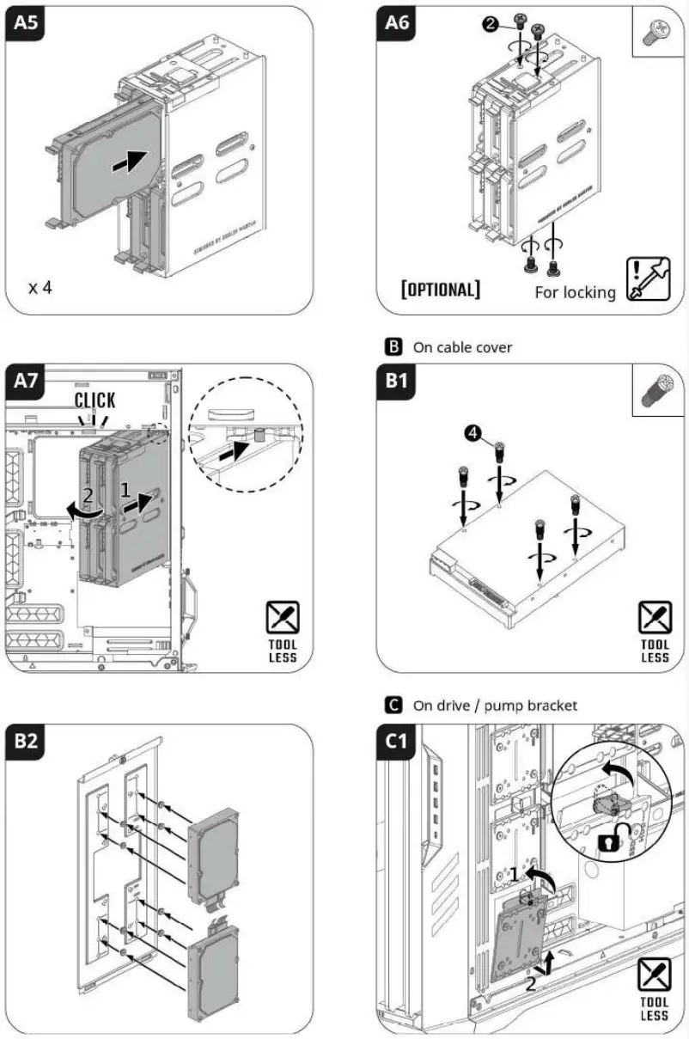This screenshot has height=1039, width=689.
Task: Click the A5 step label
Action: coord(27,23)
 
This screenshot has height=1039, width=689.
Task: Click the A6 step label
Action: coord(397,23)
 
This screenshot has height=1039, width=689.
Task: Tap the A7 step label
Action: coord(27,382)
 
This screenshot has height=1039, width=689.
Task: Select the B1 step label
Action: coord(397,382)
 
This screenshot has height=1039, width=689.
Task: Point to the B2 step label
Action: coord(27,740)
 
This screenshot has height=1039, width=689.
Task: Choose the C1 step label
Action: coord(397,741)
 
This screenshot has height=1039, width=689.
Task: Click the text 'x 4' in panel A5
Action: coord(40,287)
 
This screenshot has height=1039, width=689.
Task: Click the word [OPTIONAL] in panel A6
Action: coord(441,289)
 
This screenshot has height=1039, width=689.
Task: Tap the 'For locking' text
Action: coord(575,292)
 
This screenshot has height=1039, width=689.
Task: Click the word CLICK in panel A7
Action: coord(95,400)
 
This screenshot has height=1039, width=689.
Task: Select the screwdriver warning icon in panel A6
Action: coord(649,278)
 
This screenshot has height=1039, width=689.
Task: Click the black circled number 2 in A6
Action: coord(490,25)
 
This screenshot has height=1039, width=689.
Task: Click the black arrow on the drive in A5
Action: coord(128,160)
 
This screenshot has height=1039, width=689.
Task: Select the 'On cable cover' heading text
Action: coord(463,347)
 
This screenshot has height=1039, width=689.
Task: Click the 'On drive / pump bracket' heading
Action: coord(495,706)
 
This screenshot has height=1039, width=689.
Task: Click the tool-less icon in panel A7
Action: coord(282,635)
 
